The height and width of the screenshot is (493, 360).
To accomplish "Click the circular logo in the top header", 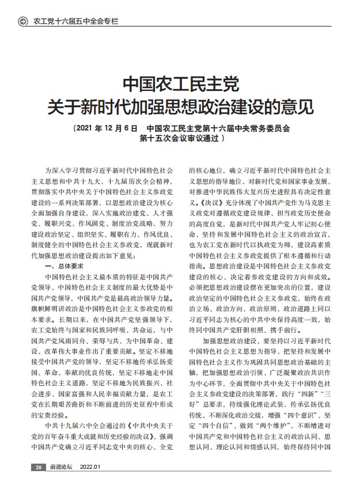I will (24, 22).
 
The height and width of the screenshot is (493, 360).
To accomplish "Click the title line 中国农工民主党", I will (180, 84).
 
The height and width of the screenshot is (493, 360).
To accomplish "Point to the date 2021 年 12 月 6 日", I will (106, 128).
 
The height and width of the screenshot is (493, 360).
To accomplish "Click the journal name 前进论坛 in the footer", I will (60, 483).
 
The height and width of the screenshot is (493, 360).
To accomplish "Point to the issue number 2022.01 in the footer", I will (90, 483).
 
